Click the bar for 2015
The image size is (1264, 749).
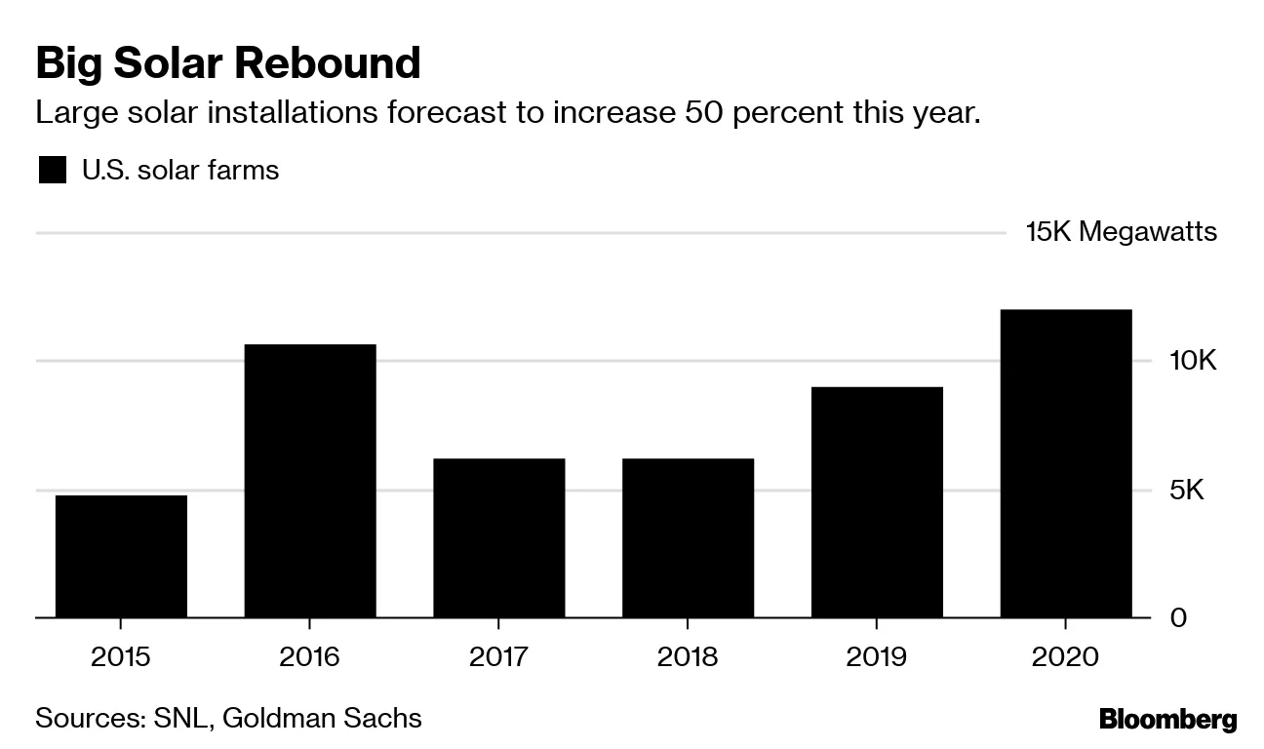pyautogui.click(x=121, y=556)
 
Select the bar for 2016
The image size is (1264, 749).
pyautogui.click(x=309, y=481)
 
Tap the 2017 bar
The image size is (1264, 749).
pyautogui.click(x=498, y=537)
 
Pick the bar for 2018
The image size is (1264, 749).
pyautogui.click(x=688, y=537)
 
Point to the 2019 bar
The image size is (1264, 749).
pyautogui.click(x=877, y=502)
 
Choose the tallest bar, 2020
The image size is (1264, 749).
pyautogui.click(x=1066, y=463)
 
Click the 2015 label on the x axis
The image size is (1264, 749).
pyautogui.click(x=121, y=656)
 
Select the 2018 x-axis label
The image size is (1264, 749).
pyautogui.click(x=688, y=656)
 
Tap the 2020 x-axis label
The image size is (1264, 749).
pyautogui.click(x=1066, y=656)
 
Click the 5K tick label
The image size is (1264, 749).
pyautogui.click(x=1187, y=490)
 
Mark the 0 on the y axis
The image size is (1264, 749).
pyautogui.click(x=1179, y=618)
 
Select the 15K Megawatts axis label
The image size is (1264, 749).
pyautogui.click(x=1121, y=232)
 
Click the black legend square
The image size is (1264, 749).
pyautogui.click(x=52, y=171)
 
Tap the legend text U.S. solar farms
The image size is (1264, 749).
pyautogui.click(x=180, y=171)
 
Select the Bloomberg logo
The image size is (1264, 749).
pyautogui.click(x=1167, y=721)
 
